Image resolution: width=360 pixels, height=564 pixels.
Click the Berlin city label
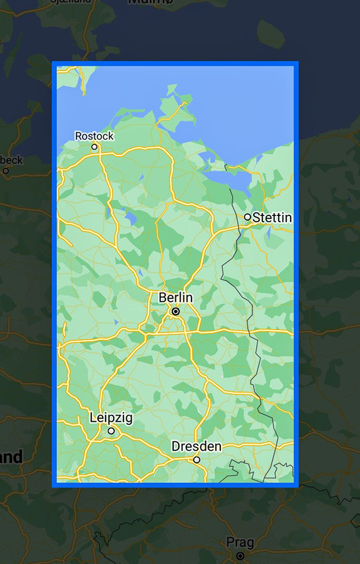(176, 297)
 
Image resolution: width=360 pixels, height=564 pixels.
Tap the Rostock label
(95, 136)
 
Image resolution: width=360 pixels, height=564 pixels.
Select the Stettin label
(272, 218)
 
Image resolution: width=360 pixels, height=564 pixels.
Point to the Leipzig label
(111, 417)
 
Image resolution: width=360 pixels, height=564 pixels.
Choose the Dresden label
(196, 446)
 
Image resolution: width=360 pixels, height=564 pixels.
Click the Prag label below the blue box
(240, 542)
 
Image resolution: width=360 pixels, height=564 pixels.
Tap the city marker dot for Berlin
(176, 311)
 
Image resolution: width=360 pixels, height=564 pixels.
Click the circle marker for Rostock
(95, 147)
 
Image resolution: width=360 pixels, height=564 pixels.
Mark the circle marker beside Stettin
(247, 217)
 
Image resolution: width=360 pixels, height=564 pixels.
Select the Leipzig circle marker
(111, 431)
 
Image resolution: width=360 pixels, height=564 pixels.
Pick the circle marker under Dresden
(196, 460)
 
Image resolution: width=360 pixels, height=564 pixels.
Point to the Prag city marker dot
(240, 555)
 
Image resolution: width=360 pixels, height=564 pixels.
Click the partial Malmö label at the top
(149, 2)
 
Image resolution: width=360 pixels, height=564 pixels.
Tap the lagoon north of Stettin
(231, 180)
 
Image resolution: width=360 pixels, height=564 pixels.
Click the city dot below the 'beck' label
(6, 171)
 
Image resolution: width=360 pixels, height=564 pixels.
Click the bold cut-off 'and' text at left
(10, 458)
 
